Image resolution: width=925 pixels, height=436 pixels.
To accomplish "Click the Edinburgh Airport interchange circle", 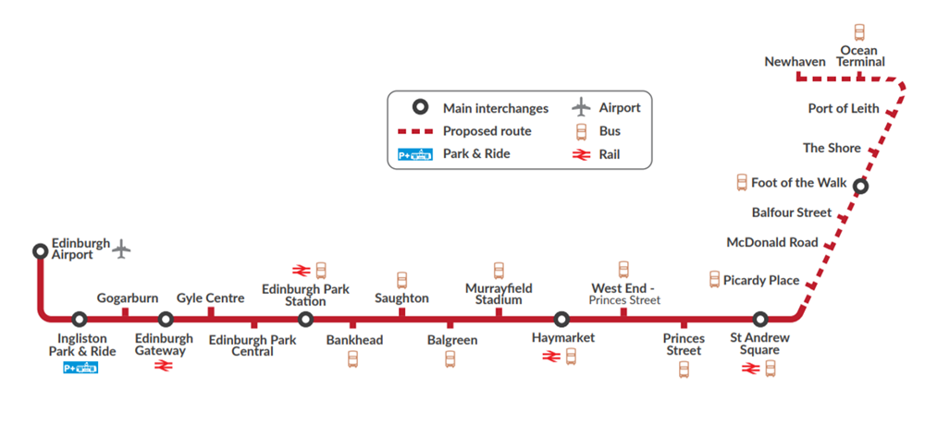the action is pyautogui.click(x=40, y=251).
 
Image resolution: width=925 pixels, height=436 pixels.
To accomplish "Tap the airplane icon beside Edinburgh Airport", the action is pyautogui.click(x=122, y=248).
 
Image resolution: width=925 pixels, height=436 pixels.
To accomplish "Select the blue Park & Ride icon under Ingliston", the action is pyautogui.click(x=80, y=369).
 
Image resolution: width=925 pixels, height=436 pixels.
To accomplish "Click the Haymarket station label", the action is pyautogui.click(x=563, y=337).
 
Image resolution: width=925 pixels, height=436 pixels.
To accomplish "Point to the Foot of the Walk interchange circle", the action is pyautogui.click(x=860, y=188).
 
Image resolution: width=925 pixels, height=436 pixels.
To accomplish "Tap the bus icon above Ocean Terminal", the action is pyautogui.click(x=859, y=32).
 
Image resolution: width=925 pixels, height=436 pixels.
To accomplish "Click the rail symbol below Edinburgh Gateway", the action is pyautogui.click(x=162, y=367).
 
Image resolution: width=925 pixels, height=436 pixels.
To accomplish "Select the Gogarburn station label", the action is pyautogui.click(x=128, y=298).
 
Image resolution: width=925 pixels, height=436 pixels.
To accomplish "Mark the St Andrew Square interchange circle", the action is pyautogui.click(x=760, y=320).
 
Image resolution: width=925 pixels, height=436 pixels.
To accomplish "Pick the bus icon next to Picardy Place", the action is pyautogui.click(x=714, y=280).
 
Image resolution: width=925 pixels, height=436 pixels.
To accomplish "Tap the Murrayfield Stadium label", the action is pyautogui.click(x=499, y=294).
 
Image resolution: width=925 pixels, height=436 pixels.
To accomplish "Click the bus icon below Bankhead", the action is pyautogui.click(x=352, y=358).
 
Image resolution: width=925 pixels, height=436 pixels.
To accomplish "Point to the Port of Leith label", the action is pyautogui.click(x=844, y=108).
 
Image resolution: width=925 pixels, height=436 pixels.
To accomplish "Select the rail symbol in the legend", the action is pyautogui.click(x=581, y=154).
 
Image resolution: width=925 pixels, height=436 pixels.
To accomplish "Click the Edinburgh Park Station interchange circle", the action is pyautogui.click(x=305, y=320).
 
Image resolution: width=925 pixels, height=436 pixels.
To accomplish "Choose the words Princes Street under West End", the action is pyautogui.click(x=624, y=300).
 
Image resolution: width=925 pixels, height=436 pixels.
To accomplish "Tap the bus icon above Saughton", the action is pyautogui.click(x=401, y=281).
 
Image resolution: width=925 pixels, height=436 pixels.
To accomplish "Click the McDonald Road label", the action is pyautogui.click(x=772, y=242).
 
